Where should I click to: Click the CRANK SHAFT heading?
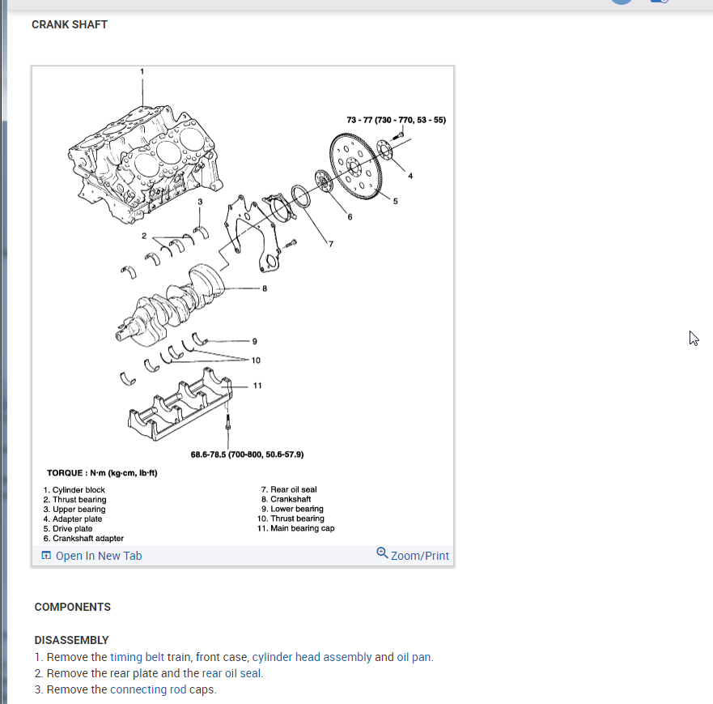point(70,24)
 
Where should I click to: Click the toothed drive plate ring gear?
point(354,168)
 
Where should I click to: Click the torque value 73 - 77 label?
point(396,120)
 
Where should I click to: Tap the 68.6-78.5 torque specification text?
point(247,454)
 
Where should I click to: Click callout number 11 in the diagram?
point(257,386)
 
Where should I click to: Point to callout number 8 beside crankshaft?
point(264,288)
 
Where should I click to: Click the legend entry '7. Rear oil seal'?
point(289,489)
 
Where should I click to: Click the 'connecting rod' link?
point(148,689)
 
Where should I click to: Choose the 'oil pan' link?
point(414,657)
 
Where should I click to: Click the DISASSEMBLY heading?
point(71,640)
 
